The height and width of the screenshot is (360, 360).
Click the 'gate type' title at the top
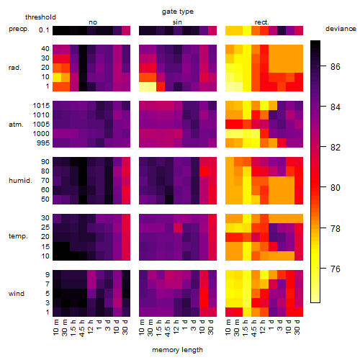click(178, 12)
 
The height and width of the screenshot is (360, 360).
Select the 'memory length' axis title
click(178, 350)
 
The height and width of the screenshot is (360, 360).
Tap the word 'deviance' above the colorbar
click(341, 29)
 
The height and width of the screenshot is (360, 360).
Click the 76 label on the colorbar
click(336, 269)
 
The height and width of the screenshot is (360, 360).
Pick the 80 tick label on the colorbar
click(336, 188)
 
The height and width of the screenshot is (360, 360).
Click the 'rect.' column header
click(262, 22)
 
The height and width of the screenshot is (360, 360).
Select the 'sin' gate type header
click(177, 22)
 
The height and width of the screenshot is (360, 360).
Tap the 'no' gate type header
click(93, 22)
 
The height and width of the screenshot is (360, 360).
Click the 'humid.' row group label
click(20, 181)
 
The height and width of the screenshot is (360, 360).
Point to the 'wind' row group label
click(17, 294)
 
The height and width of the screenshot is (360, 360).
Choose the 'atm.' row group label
click(16, 125)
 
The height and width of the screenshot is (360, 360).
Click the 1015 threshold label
click(41, 106)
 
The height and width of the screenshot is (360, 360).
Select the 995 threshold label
click(43, 143)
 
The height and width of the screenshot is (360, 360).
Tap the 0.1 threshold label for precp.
click(44, 30)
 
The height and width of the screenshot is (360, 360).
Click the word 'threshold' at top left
click(40, 17)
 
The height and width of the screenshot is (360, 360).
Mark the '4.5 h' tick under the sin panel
click(168, 328)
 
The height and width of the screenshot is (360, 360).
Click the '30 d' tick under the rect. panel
click(297, 327)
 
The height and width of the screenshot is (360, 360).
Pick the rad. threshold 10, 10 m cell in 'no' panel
click(57, 77)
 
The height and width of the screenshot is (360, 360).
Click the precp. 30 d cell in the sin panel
click(212, 30)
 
